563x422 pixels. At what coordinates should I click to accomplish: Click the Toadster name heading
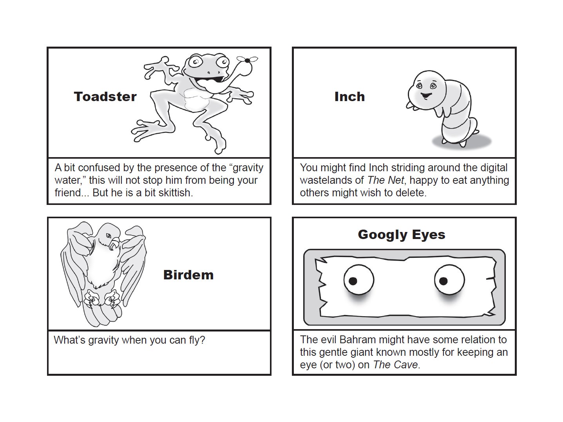tap(105, 96)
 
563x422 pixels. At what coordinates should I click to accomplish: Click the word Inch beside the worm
tap(349, 96)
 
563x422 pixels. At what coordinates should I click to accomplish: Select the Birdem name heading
tap(188, 275)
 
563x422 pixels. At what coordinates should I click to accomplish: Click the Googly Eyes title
tap(401, 234)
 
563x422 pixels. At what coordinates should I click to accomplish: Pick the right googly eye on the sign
tap(449, 280)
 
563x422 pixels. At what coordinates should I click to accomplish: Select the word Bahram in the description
tap(357, 340)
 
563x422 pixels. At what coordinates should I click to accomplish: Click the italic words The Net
tap(385, 180)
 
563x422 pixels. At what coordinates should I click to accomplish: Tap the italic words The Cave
tap(395, 365)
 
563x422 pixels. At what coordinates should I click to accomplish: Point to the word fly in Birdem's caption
tap(196, 340)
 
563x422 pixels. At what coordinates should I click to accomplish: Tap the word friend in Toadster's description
tap(68, 193)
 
